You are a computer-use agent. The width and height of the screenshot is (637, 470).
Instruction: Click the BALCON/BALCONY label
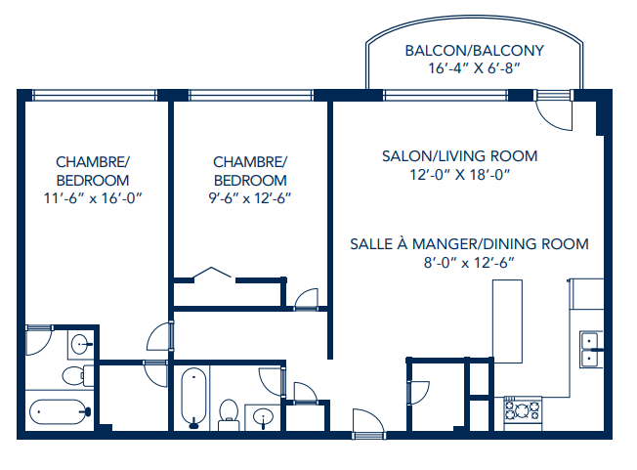click(x=474, y=51)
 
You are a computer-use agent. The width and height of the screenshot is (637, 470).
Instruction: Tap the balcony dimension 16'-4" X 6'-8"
click(x=474, y=69)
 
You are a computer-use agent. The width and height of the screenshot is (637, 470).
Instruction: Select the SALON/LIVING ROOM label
click(x=459, y=156)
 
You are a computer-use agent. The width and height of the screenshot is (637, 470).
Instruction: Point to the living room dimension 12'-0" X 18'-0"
click(x=459, y=175)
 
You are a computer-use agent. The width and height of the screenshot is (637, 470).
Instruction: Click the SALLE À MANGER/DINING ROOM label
click(x=469, y=243)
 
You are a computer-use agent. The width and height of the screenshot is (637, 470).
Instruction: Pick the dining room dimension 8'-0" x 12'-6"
click(x=469, y=262)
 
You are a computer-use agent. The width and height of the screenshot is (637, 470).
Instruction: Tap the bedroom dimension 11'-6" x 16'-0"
click(x=93, y=198)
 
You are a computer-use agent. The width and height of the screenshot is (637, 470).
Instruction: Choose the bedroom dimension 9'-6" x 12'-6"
click(x=250, y=198)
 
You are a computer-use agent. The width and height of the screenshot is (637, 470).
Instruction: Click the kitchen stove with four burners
click(x=523, y=410)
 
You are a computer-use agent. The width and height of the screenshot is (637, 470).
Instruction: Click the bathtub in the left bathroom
click(x=59, y=412)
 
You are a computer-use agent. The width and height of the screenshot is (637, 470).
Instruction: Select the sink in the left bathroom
click(x=81, y=343)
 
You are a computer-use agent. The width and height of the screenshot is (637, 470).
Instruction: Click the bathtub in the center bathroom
click(x=192, y=396)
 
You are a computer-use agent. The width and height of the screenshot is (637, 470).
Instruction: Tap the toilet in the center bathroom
click(x=231, y=413)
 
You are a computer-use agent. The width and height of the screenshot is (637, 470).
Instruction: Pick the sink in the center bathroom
click(x=262, y=417)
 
